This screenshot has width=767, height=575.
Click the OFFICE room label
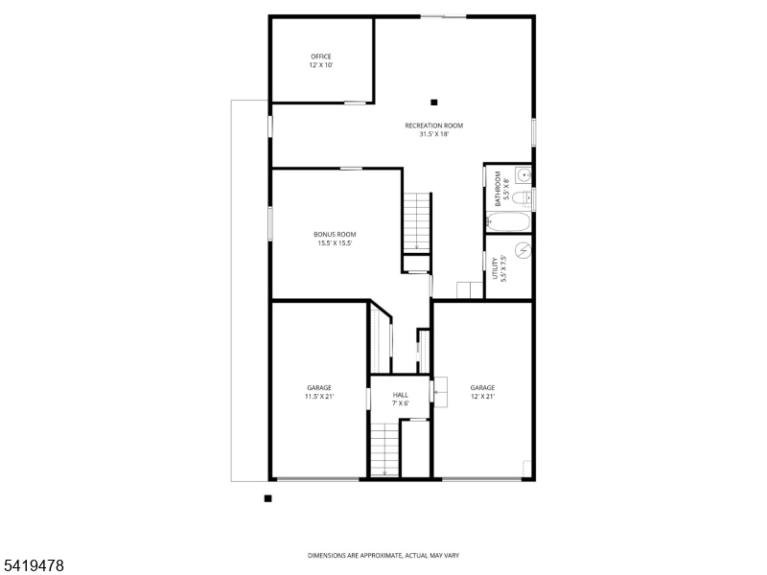click(x=320, y=60)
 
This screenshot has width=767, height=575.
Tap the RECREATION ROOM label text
click(x=433, y=129)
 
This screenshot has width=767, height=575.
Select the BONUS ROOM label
click(x=335, y=239)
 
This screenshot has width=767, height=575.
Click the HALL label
click(x=400, y=399)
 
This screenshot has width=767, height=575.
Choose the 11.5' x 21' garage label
click(x=319, y=392)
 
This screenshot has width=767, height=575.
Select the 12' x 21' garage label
click(x=482, y=392)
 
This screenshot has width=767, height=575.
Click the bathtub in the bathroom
click(x=508, y=221)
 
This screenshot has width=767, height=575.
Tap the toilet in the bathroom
click(x=521, y=198)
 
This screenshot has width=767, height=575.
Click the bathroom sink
click(x=523, y=174)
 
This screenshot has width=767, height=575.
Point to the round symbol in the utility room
click(x=523, y=250)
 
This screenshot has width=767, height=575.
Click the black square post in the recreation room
click(x=434, y=103)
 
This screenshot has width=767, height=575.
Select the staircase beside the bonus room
click(x=416, y=221)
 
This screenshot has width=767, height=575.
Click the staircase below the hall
click(x=383, y=450)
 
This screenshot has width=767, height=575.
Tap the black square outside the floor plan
click(x=268, y=498)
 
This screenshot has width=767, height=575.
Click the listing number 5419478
click(x=34, y=566)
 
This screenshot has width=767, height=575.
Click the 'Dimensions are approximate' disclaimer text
click(x=383, y=555)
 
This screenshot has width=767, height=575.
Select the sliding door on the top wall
click(x=444, y=16)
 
